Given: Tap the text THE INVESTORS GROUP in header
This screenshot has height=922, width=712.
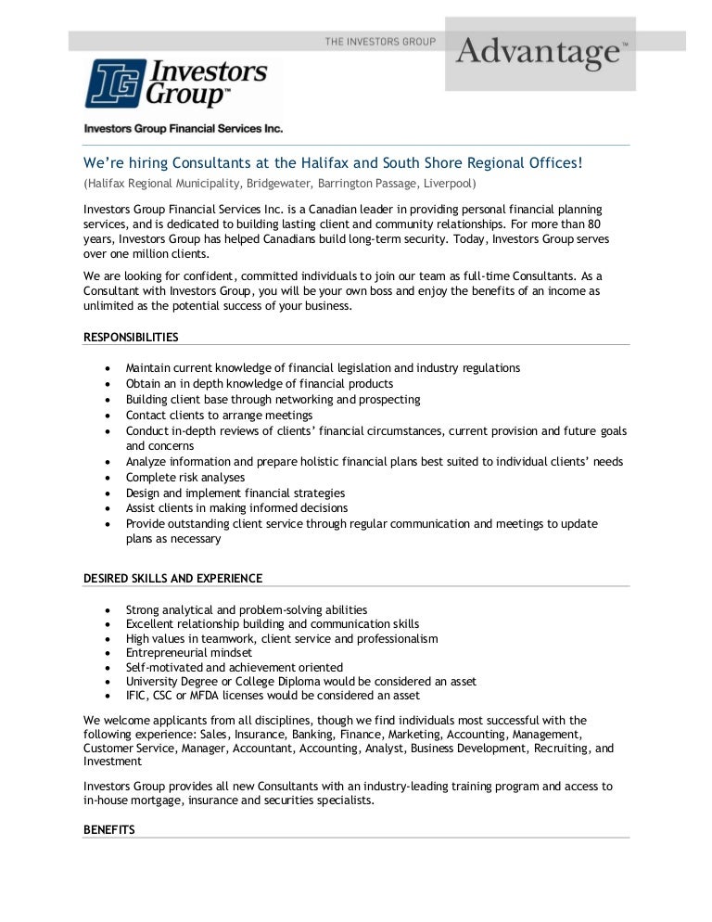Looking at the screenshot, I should (x=379, y=42).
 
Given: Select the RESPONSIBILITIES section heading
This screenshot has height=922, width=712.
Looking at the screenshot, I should (x=131, y=337).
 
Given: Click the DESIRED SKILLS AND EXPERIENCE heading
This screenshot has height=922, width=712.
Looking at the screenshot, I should (x=172, y=578).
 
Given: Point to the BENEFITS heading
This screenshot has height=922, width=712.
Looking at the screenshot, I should (x=108, y=830).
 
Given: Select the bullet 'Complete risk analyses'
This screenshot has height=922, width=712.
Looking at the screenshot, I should (x=185, y=478).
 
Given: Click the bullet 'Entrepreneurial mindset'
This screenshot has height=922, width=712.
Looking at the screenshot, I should (x=189, y=653).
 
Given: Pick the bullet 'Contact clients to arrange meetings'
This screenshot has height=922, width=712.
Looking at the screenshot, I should (x=219, y=415).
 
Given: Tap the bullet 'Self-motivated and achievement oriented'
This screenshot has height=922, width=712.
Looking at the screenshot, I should (x=234, y=667).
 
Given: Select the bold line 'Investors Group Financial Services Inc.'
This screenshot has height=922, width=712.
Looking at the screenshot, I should (x=183, y=129).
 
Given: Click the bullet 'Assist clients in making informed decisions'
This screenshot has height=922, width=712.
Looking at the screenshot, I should (x=236, y=508).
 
